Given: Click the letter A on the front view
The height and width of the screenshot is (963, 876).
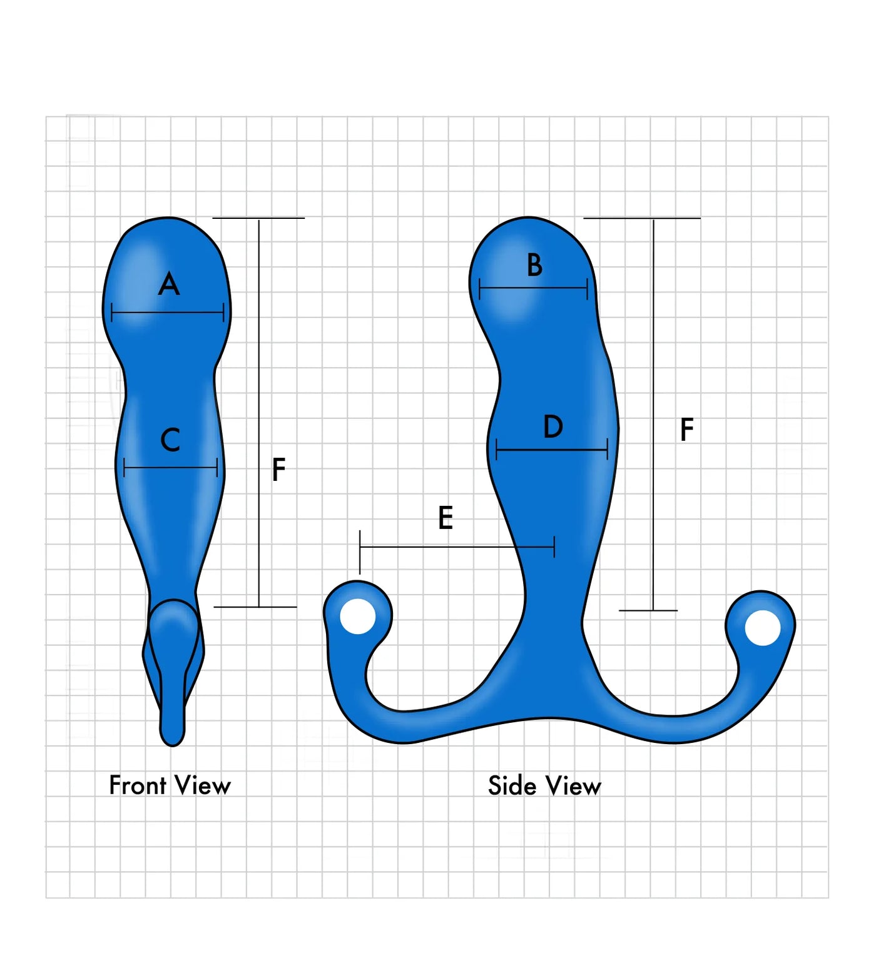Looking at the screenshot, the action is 169,285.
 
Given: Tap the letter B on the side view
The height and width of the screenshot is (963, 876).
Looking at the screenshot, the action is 534,265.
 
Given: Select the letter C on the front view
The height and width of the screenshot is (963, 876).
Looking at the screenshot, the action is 170,440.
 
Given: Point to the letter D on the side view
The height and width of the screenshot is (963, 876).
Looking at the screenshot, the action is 553,426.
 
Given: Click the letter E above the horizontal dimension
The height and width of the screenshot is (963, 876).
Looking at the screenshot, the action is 445,518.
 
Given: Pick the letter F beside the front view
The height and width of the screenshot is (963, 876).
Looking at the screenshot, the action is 279,470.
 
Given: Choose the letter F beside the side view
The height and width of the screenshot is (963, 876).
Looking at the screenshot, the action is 686,430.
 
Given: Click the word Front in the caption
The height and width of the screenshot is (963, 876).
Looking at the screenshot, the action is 138,785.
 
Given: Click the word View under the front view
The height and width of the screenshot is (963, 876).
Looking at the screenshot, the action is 203,785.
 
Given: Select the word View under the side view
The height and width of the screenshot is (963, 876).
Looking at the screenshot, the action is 573,786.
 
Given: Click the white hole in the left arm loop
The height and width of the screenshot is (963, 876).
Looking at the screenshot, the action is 358,616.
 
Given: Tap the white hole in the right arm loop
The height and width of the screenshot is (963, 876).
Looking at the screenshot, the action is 763,627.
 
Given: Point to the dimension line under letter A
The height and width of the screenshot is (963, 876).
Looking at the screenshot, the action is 168,313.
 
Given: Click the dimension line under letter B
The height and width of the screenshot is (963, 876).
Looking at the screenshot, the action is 533,288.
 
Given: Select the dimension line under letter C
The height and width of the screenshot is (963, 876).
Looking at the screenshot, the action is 171,467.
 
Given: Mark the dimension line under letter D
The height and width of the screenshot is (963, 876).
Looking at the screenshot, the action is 552,449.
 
